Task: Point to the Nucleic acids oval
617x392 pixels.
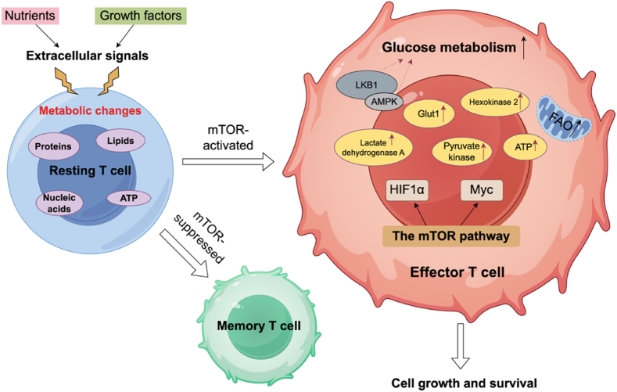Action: click(x=59, y=203)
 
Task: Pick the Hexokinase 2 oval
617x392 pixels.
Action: click(x=494, y=102)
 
